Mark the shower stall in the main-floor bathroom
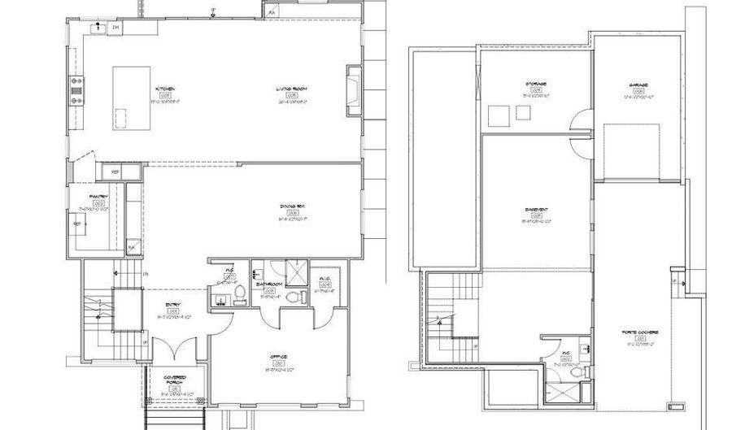point(298,274)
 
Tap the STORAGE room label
point(535,84)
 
